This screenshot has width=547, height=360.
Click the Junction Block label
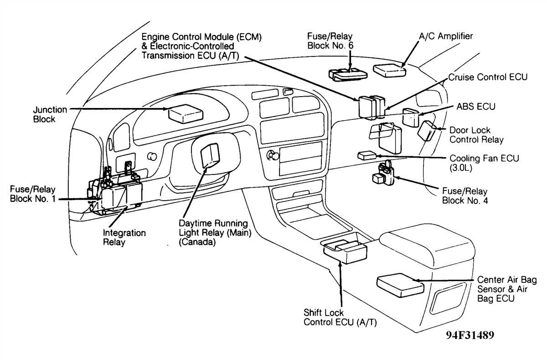click(50, 114)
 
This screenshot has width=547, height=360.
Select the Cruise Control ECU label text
click(488, 77)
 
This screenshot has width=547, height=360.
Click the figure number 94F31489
click(470, 335)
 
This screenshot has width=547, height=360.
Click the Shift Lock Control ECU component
click(345, 251)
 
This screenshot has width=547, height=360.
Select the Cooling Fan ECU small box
click(367, 155)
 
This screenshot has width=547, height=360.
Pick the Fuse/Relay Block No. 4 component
click(384, 175)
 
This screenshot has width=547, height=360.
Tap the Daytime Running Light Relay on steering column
click(211, 155)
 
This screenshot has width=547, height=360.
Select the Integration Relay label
click(124, 237)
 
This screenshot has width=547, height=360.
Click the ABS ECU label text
click(476, 107)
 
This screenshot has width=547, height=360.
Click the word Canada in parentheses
click(197, 242)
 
